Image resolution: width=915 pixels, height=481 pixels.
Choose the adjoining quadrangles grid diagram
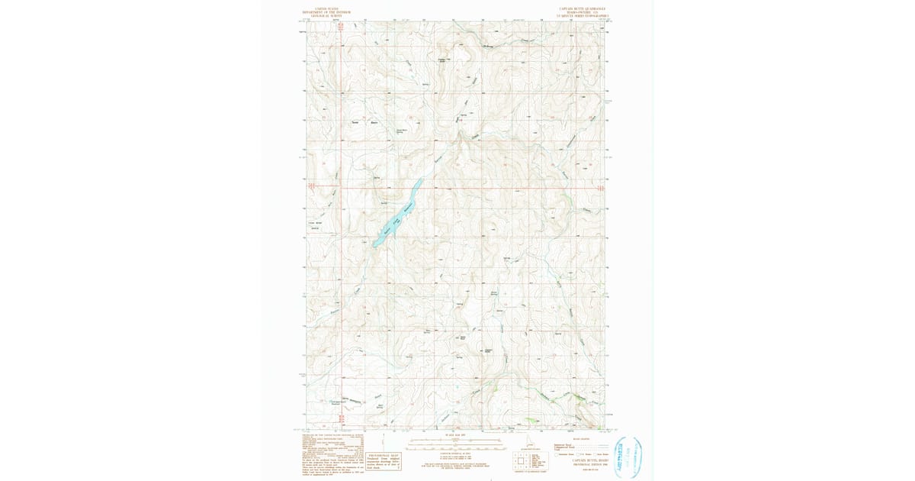click(525, 460)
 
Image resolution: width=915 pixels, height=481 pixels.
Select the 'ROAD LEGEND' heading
click(580, 439)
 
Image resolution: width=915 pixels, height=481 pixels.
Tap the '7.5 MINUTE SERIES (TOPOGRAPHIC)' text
click(580, 16)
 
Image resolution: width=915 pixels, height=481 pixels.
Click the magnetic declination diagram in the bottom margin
click(400, 441)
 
